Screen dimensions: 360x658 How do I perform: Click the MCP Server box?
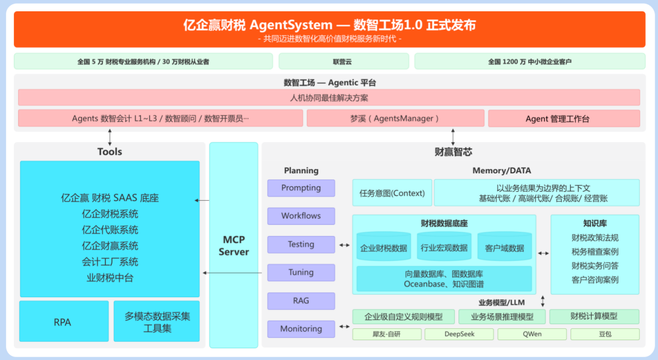point(234,245)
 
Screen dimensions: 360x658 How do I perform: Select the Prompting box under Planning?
point(301,188)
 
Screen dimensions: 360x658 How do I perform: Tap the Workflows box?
point(301,216)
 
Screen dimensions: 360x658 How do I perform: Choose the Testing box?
point(301,244)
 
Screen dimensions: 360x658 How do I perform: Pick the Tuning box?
point(301,272)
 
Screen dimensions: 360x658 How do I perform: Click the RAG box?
point(301,301)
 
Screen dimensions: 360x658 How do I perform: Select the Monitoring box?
point(301,329)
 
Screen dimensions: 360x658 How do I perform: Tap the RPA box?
point(63,322)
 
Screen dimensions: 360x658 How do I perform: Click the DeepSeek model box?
point(459,334)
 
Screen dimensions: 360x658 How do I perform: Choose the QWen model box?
point(532,334)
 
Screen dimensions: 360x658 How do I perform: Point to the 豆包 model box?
point(605,334)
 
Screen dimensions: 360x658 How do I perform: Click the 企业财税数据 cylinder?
point(384,248)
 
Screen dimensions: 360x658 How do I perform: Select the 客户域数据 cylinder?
point(504,248)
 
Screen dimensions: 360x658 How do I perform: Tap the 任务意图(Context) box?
point(392,193)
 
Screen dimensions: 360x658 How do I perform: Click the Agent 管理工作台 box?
point(564,118)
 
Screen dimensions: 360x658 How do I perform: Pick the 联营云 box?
point(342,61)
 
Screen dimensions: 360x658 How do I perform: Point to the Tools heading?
point(110,152)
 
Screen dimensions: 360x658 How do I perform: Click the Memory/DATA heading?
point(501,171)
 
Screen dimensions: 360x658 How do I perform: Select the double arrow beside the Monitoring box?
point(344,326)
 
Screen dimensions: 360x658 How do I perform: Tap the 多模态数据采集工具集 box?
point(157,322)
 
